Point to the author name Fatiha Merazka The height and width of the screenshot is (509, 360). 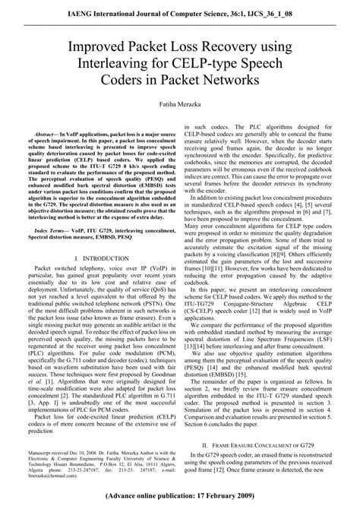[180, 101]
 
